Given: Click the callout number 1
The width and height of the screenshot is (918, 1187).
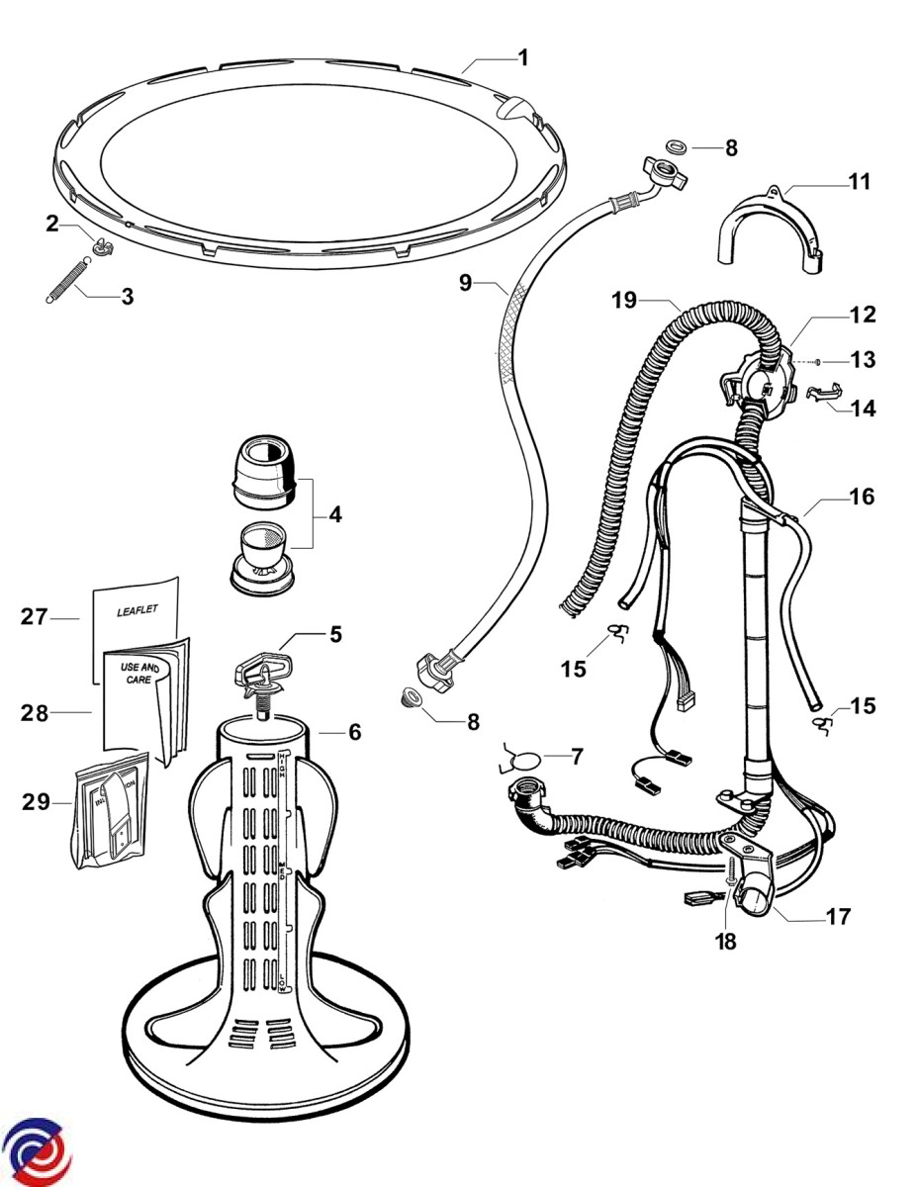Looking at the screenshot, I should [523, 58].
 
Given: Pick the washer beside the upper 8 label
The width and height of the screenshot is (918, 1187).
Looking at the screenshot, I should [678, 146].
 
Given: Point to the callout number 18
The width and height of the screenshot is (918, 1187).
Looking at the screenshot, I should [727, 942].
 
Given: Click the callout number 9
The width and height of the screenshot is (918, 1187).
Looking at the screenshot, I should [468, 283].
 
